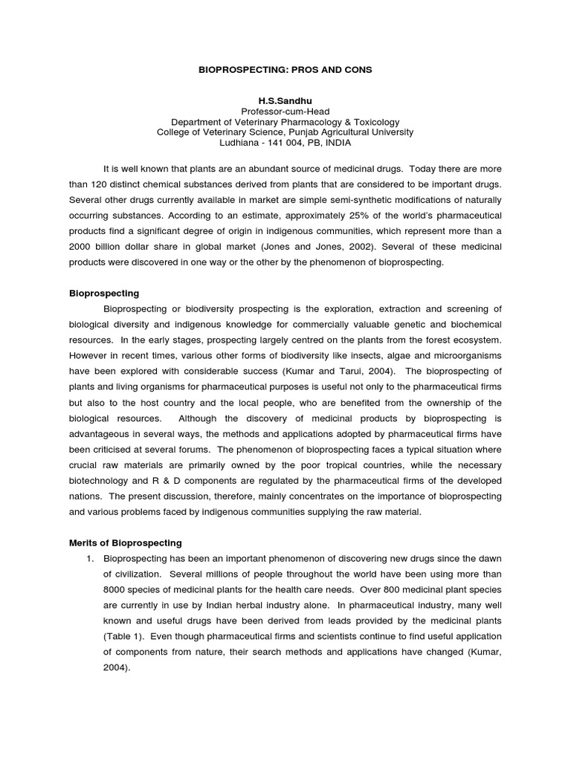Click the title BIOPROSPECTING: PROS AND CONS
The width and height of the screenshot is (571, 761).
pyautogui.click(x=285, y=69)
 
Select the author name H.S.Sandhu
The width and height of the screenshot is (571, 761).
pyautogui.click(x=285, y=100)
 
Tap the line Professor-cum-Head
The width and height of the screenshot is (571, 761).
pyautogui.click(x=285, y=111)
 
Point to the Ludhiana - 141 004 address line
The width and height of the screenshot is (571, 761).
pyautogui.click(x=285, y=143)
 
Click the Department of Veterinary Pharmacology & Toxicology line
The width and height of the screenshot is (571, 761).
pyautogui.click(x=285, y=122)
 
